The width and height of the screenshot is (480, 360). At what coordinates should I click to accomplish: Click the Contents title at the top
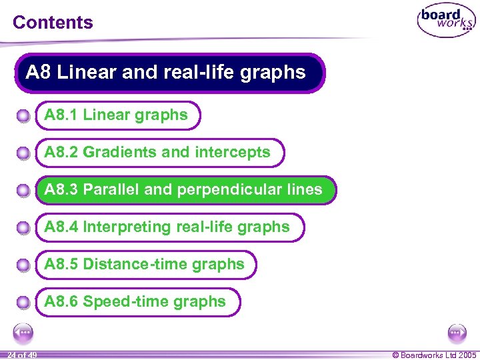[x=53, y=22]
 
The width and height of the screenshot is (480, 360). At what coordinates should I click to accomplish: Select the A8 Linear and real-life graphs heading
[x=166, y=72]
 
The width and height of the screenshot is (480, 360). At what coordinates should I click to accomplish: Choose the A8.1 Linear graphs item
[x=116, y=115]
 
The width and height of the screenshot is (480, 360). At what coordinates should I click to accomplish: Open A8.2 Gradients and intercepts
[x=157, y=153]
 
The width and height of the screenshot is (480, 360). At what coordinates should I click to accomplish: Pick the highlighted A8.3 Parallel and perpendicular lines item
[x=183, y=190]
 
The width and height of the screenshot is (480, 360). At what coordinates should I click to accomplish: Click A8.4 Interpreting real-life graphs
[x=167, y=227]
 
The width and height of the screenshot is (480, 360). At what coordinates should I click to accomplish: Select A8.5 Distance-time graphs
[x=144, y=265]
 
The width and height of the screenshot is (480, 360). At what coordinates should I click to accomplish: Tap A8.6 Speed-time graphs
[x=135, y=302]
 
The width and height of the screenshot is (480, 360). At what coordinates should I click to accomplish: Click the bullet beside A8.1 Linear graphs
[x=23, y=117]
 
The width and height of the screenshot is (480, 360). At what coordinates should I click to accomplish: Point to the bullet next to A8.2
[x=23, y=154]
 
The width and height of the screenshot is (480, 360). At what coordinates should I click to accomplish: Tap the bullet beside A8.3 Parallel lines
[x=23, y=191]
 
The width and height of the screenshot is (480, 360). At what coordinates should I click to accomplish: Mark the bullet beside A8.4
[x=23, y=229]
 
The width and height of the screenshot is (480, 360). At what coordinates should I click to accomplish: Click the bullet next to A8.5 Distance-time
[x=23, y=266]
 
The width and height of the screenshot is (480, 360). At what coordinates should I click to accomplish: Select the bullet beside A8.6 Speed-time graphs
[x=23, y=303]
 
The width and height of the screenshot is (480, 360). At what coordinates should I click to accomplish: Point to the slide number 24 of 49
[x=21, y=355]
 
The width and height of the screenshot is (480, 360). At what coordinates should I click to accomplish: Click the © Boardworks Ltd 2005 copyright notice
[x=434, y=355]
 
